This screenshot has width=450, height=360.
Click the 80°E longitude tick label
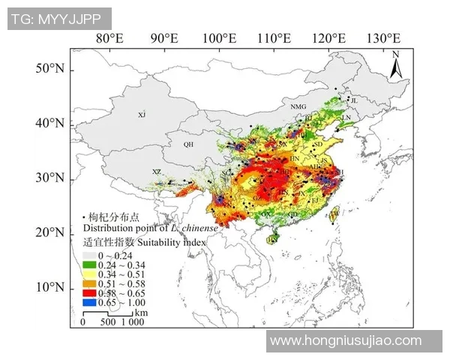109,38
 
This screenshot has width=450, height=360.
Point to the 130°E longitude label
384,38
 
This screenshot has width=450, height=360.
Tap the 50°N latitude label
50,69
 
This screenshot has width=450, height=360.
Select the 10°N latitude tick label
50,287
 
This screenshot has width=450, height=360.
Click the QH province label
188,144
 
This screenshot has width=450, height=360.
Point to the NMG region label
298,107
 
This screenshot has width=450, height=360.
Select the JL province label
354,100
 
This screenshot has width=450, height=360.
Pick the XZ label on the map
156,172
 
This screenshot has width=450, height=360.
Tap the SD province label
317,144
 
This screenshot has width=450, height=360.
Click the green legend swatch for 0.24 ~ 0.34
91,265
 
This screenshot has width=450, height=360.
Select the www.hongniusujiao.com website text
346,340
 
